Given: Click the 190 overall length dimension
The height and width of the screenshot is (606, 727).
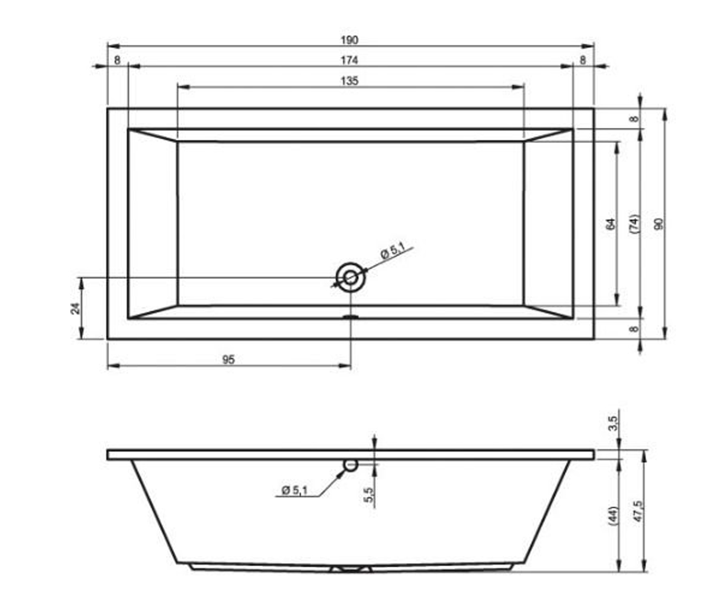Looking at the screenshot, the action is pyautogui.click(x=349, y=41).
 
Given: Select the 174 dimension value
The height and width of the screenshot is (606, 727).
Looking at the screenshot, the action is pyautogui.click(x=349, y=61).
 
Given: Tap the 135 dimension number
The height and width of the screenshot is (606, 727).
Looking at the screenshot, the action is pyautogui.click(x=349, y=81).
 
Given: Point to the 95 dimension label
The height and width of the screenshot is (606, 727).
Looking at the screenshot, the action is pyautogui.click(x=228, y=360).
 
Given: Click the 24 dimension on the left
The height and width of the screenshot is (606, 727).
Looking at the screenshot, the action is pyautogui.click(x=76, y=308).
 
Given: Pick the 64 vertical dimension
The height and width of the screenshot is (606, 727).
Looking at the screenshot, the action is pyautogui.click(x=610, y=224).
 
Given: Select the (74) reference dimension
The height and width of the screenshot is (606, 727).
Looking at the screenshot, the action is pyautogui.click(x=634, y=224).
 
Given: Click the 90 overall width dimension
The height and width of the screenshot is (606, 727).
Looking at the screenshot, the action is pyautogui.click(x=659, y=224).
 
